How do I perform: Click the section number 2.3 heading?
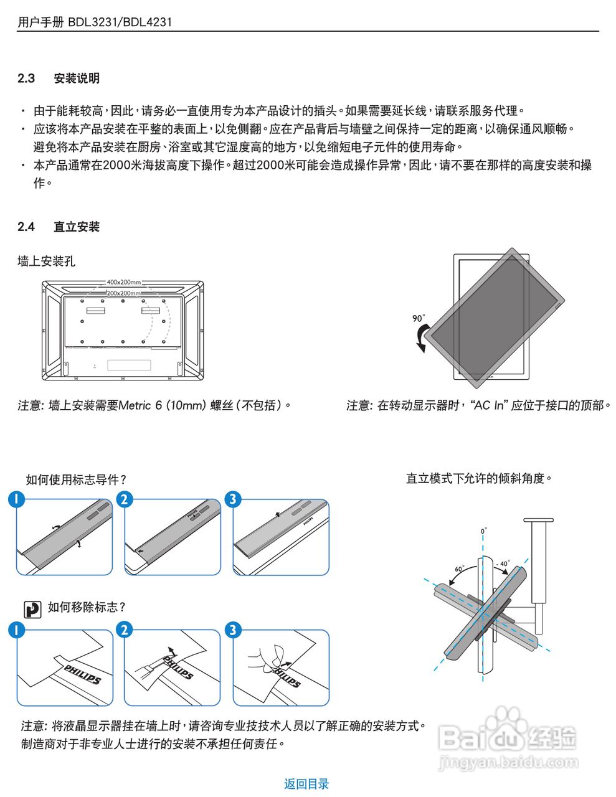pyautogui.click(x=26, y=78)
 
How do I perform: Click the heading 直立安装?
pyautogui.click(x=77, y=227)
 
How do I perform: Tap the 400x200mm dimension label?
pyautogui.click(x=123, y=283)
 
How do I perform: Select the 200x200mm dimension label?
pyautogui.click(x=123, y=293)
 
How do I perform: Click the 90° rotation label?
pyautogui.click(x=419, y=318)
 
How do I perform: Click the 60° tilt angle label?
pyautogui.click(x=460, y=569)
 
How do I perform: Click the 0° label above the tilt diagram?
pyautogui.click(x=484, y=531)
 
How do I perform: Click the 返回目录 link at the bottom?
pyautogui.click(x=306, y=784)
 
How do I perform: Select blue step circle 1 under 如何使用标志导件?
pyautogui.click(x=16, y=499)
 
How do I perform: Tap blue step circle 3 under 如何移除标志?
pyautogui.click(x=233, y=630)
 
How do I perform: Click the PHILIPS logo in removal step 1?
pyautogui.click(x=82, y=674)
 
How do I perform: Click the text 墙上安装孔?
pyautogui.click(x=46, y=262)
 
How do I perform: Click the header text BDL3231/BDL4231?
pyautogui.click(x=120, y=22)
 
